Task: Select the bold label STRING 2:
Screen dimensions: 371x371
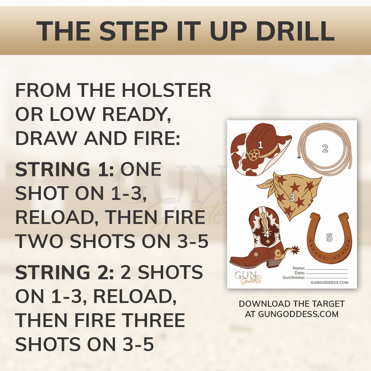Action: click(65, 272)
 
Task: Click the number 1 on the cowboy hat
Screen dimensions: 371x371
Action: click(260, 145)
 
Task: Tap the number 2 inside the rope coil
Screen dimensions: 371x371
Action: click(325, 148)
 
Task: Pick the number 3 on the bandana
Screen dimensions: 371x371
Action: click(292, 197)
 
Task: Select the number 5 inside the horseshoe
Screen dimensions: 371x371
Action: click(329, 237)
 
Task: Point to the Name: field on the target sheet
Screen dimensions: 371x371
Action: click(299, 268)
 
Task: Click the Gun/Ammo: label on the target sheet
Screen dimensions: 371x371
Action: click(293, 277)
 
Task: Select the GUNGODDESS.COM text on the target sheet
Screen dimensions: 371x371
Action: click(329, 283)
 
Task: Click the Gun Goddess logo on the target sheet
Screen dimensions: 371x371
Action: click(247, 277)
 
